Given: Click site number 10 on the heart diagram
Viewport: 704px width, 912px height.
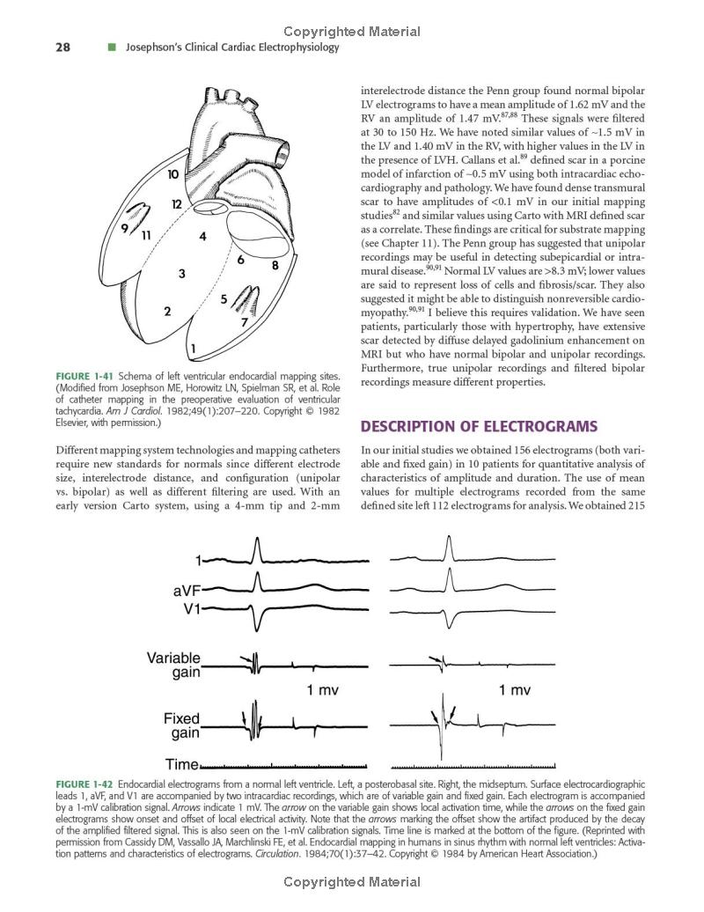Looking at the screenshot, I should pyautogui.click(x=174, y=174).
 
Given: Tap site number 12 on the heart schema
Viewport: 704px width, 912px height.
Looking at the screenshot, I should pyautogui.click(x=176, y=204).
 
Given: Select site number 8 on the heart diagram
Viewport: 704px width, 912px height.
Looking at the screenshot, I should pyautogui.click(x=275, y=264).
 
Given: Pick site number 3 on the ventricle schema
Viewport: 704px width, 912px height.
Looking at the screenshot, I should pyautogui.click(x=181, y=274).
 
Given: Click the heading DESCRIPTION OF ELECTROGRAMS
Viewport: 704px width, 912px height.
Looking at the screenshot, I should pyautogui.click(x=466, y=427).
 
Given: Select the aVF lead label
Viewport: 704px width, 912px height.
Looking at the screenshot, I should pyautogui.click(x=185, y=591).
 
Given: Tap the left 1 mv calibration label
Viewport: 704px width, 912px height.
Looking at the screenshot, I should pyautogui.click(x=322, y=690).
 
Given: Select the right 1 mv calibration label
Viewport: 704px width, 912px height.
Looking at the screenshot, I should pyautogui.click(x=514, y=690).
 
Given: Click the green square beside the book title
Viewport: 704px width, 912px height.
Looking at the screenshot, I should pyautogui.click(x=112, y=48).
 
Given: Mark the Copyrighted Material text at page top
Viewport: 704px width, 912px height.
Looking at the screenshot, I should pyautogui.click(x=352, y=32).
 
